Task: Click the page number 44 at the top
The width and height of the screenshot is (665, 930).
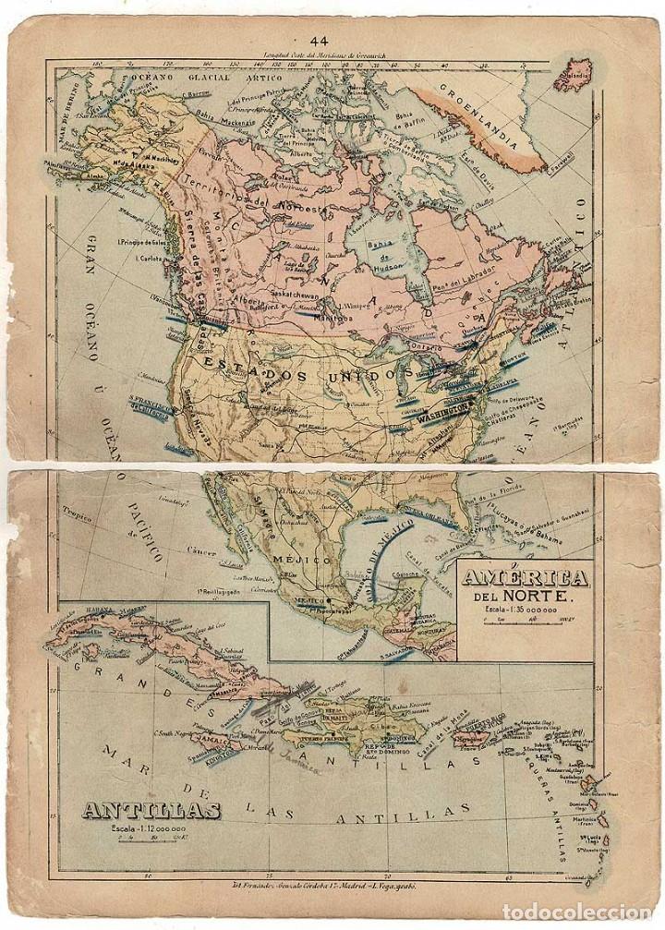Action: click(x=320, y=40)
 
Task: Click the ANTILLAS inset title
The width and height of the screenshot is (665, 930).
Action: click(x=151, y=811)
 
